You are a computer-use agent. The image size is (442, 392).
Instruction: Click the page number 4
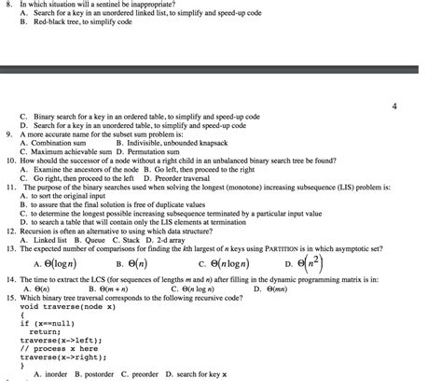394,106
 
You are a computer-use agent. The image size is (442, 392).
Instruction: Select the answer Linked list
48,239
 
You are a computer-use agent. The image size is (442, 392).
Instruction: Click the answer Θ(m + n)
106,289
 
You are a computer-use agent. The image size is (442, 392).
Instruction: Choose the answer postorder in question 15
97,375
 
